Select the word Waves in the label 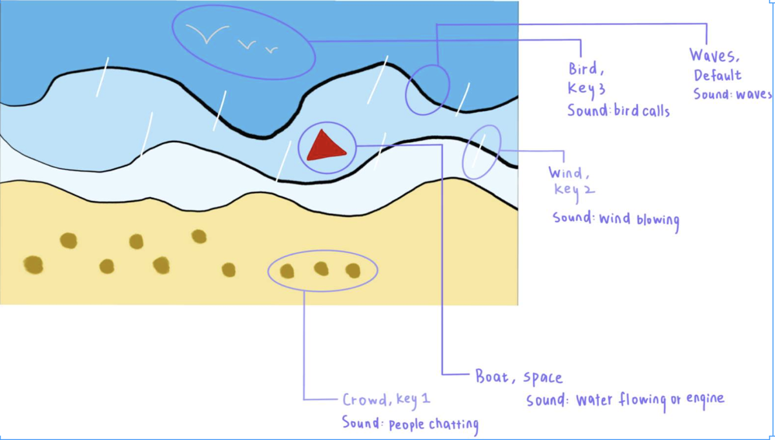tap(711, 56)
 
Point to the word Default tap(718, 75)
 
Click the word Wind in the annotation tap(566, 173)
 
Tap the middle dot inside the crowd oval tap(321, 268)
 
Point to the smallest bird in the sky tap(272, 49)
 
